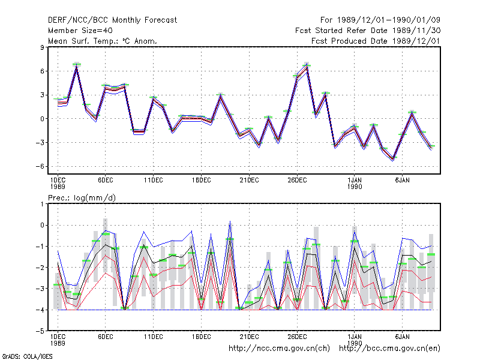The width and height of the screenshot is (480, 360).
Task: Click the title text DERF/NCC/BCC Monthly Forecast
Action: point(112,20)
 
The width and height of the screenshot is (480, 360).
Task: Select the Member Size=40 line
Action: point(80,31)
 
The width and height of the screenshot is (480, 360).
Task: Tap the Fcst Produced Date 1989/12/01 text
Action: point(376,41)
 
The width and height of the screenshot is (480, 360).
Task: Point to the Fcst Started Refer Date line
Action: point(368,31)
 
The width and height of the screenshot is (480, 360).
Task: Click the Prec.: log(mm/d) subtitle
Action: point(82,198)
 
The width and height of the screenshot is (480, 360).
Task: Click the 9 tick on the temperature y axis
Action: point(42,47)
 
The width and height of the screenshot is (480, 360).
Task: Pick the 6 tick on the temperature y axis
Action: point(42,71)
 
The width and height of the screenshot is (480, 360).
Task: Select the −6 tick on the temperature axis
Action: point(40,166)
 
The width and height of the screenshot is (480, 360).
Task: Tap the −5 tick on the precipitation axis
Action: point(40,331)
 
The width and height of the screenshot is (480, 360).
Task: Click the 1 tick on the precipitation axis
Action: point(42,204)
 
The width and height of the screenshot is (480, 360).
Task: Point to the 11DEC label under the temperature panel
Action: point(154,181)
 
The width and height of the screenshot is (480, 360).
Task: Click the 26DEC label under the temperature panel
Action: point(297,181)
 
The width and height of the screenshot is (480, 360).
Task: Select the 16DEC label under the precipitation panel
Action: point(202,337)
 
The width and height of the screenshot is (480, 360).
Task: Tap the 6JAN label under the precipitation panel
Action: point(402,337)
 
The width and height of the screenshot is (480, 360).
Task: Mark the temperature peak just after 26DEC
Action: point(307,66)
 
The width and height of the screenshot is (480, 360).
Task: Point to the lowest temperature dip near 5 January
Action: point(393,159)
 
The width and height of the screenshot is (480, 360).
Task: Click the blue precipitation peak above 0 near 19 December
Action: point(230,221)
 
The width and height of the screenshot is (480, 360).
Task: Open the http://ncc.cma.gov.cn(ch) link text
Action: point(279,349)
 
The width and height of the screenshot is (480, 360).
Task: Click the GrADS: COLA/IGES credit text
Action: point(27,356)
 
